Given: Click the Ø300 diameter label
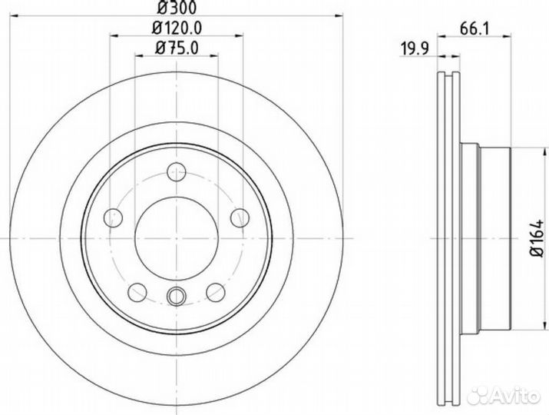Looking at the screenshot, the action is pyautogui.click(x=177, y=8).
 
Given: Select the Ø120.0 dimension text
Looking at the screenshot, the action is pyautogui.click(x=177, y=28).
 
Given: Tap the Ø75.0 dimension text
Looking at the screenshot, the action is pyautogui.click(x=177, y=48).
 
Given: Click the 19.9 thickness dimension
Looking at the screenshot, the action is pyautogui.click(x=415, y=48).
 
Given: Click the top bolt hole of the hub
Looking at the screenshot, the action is pyautogui.click(x=177, y=171).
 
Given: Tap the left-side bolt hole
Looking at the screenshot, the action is pyautogui.click(x=113, y=217).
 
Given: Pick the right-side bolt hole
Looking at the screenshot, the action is pyautogui.click(x=240, y=217).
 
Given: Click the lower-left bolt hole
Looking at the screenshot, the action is pyautogui.click(x=137, y=292).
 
